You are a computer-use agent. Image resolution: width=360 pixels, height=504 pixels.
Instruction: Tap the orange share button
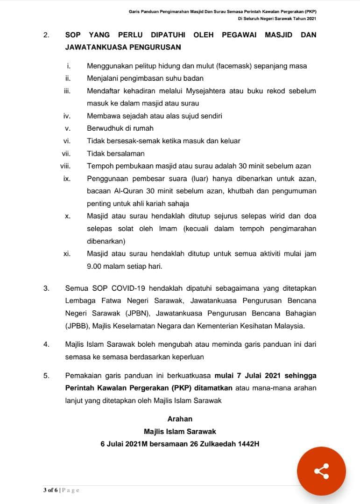click(x=321, y=471)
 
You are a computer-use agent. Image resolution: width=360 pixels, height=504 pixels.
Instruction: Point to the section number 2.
click(x=46, y=35)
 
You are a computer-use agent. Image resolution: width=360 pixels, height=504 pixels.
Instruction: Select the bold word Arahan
click(x=180, y=419)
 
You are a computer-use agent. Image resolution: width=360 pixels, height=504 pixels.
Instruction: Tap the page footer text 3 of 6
click(x=50, y=490)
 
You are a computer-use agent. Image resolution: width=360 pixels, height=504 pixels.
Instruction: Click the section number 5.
click(x=46, y=375)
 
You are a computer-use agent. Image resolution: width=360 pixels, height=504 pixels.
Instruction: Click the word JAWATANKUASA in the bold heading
click(x=97, y=47)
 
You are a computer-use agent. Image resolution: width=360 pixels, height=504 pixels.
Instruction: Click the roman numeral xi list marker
click(x=67, y=254)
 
